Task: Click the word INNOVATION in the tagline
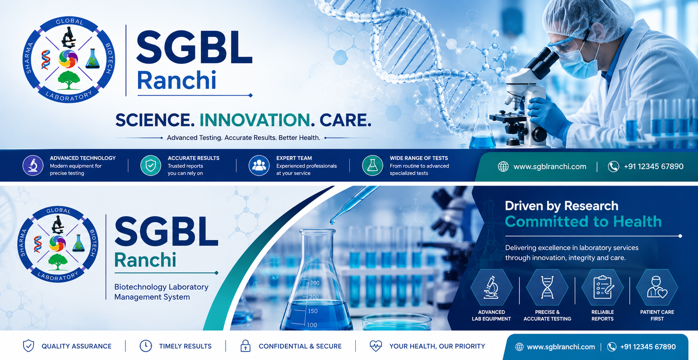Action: click(255, 120)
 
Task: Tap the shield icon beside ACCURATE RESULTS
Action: click(151, 165)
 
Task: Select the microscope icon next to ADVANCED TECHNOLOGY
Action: click(33, 165)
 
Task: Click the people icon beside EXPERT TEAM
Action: click(259, 165)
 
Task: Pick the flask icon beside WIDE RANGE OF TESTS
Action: click(372, 165)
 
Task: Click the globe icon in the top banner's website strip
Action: click(503, 167)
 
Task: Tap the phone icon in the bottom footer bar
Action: click(612, 347)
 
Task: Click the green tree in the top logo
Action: click(69, 80)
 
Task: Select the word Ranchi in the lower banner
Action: click(145, 260)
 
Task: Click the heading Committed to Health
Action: click(583, 221)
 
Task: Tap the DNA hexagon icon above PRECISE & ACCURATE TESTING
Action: click(547, 287)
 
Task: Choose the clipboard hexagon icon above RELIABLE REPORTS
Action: click(602, 287)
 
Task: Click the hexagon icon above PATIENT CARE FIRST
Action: click(657, 287)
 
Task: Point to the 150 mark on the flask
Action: click(313, 311)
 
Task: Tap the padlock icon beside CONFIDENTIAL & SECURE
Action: click(245, 346)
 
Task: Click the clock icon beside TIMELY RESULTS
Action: click(146, 346)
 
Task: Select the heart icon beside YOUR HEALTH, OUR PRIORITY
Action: click(376, 346)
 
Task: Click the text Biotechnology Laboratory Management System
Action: click(162, 292)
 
